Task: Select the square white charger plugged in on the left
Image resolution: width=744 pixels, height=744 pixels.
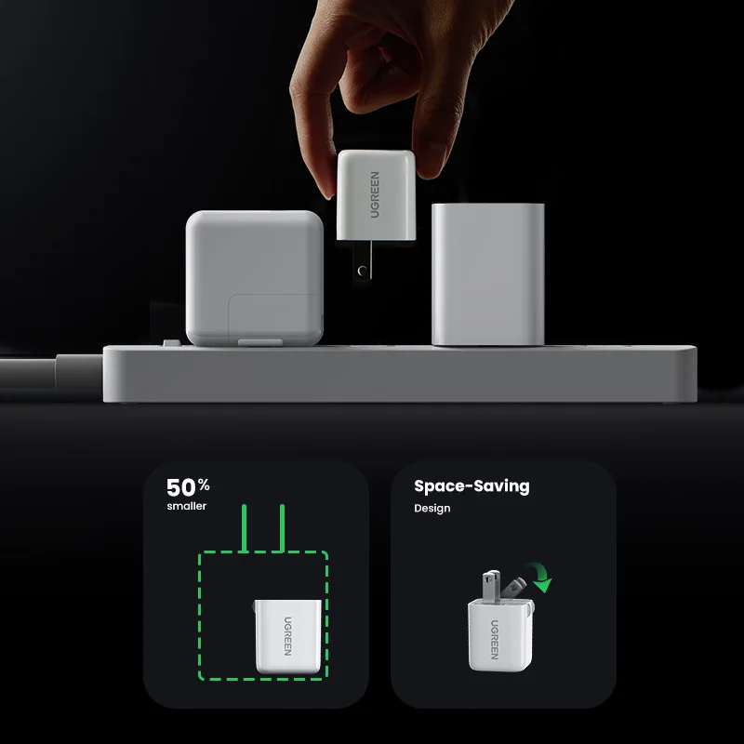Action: (254, 277)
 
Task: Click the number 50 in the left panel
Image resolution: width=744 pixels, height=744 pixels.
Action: (180, 487)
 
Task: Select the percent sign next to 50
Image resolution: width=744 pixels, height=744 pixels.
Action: (203, 485)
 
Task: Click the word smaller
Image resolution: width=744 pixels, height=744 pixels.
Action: (187, 506)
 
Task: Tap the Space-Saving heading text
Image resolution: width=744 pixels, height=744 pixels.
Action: (472, 486)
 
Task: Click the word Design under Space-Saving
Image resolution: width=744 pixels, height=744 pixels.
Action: (432, 509)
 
